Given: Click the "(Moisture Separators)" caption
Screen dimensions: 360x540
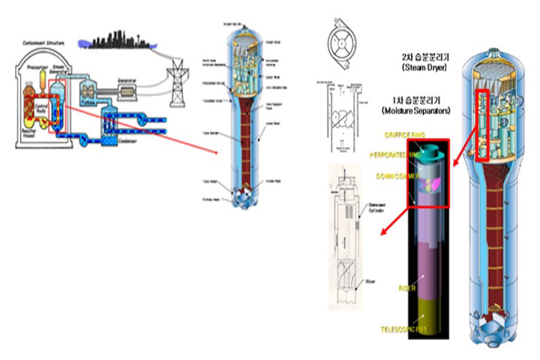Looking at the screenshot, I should coord(414,111).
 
